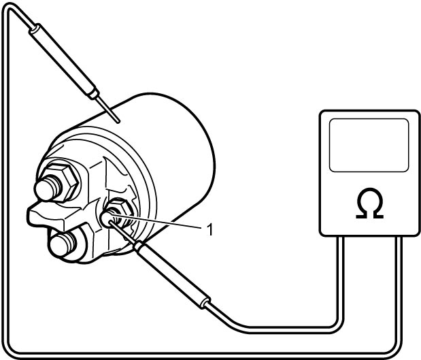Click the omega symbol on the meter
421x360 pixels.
[x=369, y=203]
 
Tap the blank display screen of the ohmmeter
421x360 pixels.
[x=369, y=145]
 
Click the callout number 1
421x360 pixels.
[x=210, y=230]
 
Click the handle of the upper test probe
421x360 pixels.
[x=63, y=60]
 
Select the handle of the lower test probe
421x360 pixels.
[x=173, y=274]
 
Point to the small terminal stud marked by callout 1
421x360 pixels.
[x=107, y=219]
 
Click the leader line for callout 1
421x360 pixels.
[x=156, y=222]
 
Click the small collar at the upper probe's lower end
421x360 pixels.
[x=94, y=93]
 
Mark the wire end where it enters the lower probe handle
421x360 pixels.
[x=207, y=305]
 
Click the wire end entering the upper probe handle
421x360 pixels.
[x=32, y=27]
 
